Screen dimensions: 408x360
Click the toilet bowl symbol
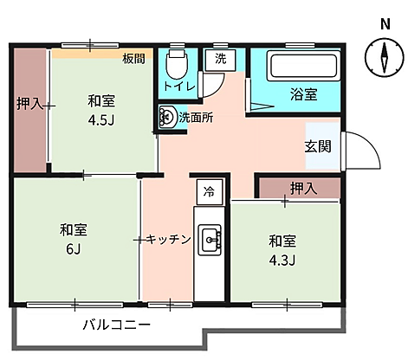pos(177,64)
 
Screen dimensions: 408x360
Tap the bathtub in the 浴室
pos(303,66)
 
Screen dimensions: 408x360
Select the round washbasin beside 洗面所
pos(166,117)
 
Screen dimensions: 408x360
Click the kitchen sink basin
pos(210,240)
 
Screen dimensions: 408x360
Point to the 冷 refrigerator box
pos(210,192)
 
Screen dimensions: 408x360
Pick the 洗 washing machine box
pos(220,60)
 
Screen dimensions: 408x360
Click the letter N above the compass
pos(385,24)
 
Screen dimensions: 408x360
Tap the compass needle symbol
pos(385,57)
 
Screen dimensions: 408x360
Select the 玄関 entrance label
pos(318,146)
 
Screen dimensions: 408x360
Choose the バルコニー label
pos(117,325)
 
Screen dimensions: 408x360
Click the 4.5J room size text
pos(101,120)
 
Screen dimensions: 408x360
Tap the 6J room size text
pos(74,249)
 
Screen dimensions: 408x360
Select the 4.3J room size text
pos(282,260)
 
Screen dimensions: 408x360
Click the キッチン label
pos(169,240)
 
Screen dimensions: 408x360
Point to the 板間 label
pos(133,59)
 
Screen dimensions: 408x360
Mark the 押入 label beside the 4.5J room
pos(29,103)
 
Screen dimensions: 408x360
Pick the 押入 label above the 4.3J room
pos(303,188)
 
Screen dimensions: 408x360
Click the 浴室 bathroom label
pos(304,94)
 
